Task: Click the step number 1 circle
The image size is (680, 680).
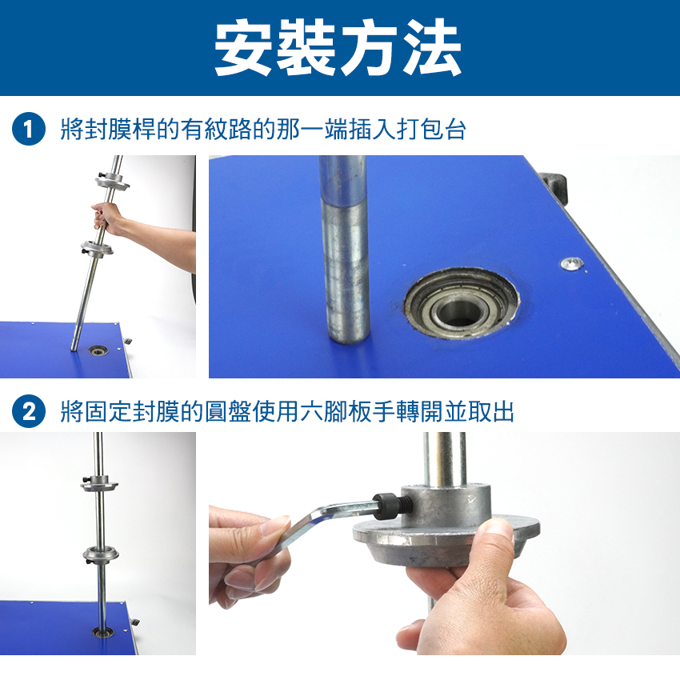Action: point(29,129)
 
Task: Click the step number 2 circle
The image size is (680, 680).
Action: point(29,411)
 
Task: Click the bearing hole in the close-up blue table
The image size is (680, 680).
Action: point(461,303)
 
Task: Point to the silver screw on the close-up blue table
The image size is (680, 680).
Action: point(572,263)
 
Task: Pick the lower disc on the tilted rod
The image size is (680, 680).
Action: point(97,249)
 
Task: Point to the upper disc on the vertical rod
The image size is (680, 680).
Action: point(99,482)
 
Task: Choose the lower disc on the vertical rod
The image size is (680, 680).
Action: point(101,555)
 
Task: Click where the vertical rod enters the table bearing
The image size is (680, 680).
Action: point(102,630)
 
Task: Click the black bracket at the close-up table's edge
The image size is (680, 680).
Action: point(554,186)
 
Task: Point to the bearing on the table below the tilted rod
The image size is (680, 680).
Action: point(98,350)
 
